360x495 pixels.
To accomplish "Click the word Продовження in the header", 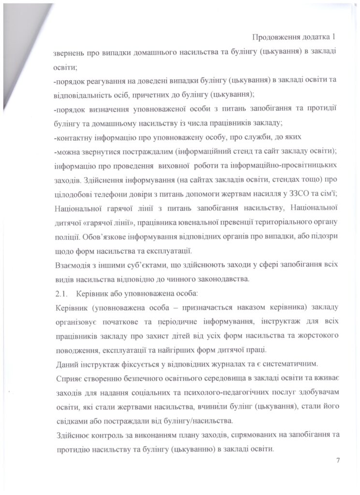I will coord(275,37).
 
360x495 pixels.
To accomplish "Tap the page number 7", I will coord(338,460).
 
